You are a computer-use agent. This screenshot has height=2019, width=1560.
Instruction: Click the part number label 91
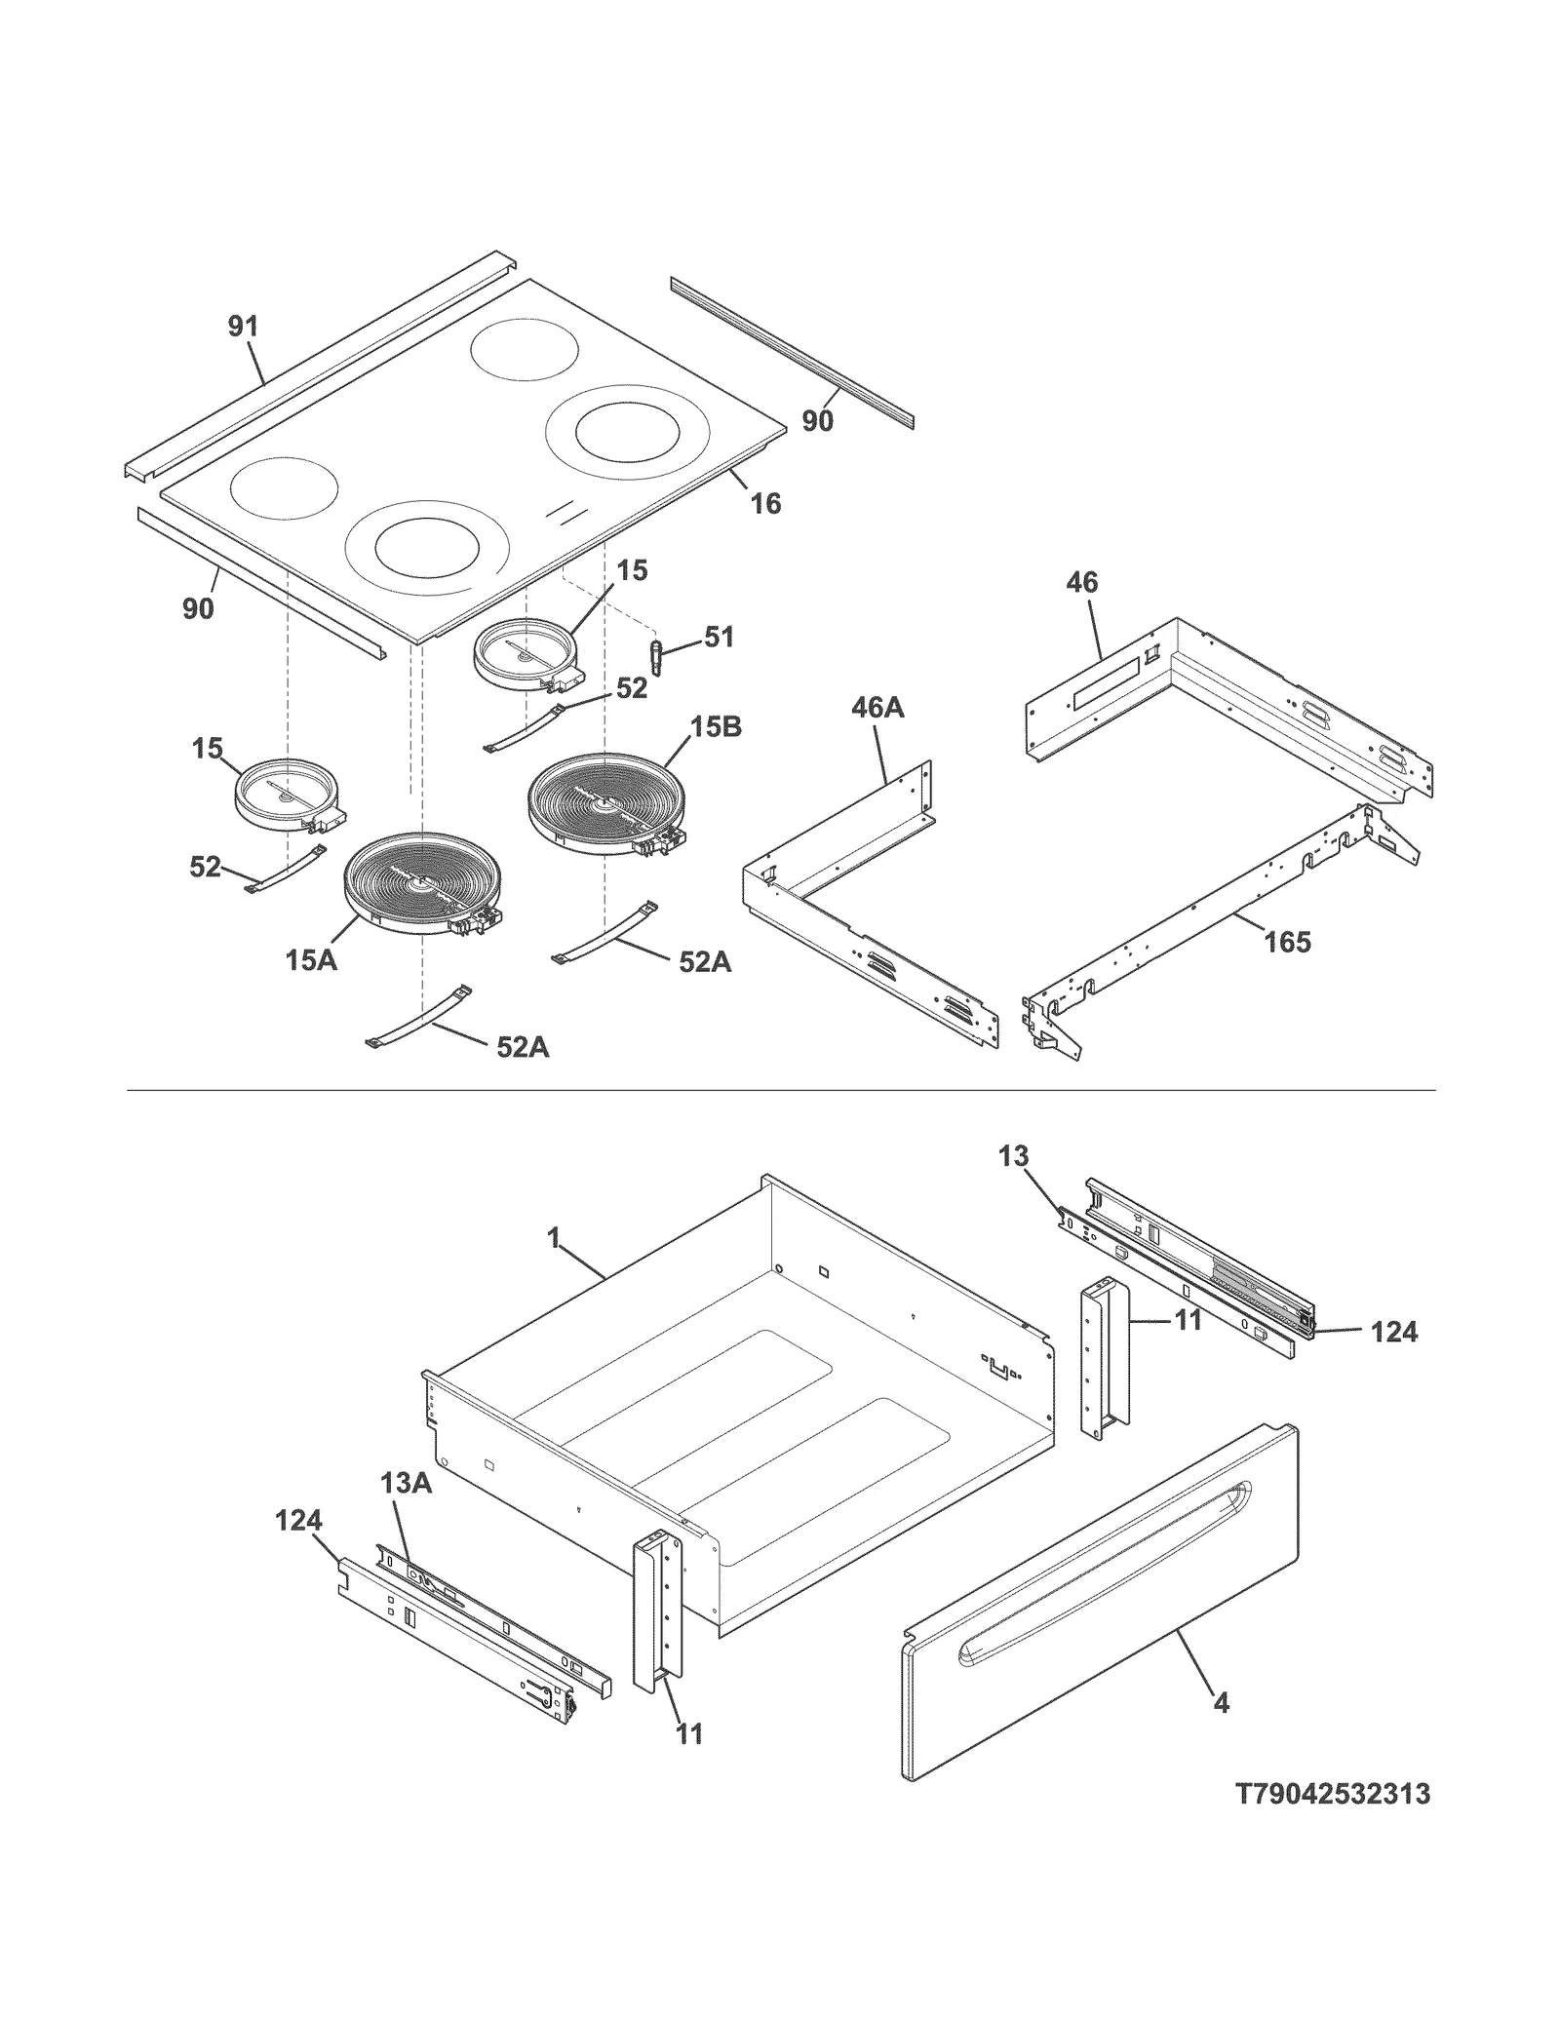click(243, 327)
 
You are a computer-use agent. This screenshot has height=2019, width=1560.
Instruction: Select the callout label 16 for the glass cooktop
click(765, 503)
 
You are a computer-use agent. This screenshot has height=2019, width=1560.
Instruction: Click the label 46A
click(877, 708)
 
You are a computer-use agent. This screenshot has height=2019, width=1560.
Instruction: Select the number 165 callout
click(1287, 942)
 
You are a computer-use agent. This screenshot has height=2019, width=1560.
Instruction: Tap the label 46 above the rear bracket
click(1081, 583)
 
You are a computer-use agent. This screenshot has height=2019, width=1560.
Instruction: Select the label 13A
click(406, 1510)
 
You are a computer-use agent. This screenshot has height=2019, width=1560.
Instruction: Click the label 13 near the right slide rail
click(1013, 1156)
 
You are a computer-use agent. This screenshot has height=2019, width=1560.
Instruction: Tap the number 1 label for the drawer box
click(554, 1239)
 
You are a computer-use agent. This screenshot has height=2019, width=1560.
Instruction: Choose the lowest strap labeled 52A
click(417, 1018)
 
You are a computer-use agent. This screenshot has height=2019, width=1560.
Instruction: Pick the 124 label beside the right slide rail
click(1393, 1332)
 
